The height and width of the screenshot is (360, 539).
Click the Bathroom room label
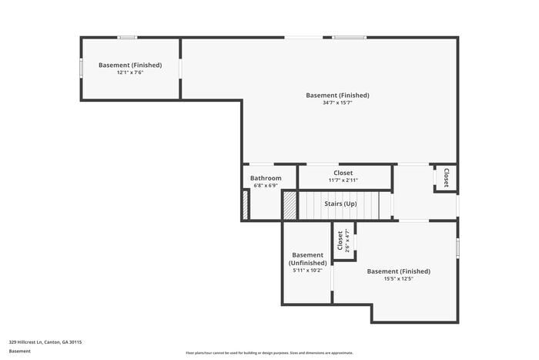266,178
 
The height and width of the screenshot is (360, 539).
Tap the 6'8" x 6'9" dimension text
266,186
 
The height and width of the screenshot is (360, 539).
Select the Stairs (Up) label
340,204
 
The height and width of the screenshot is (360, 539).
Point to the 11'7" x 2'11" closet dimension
343,180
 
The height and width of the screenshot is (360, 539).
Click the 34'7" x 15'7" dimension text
337,103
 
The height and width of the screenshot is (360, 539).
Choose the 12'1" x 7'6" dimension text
130,72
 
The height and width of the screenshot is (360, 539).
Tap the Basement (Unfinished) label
307,259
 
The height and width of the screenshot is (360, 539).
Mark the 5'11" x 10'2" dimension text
307,271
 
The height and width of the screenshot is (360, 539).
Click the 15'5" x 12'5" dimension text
398,279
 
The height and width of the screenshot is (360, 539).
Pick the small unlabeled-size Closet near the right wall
446,178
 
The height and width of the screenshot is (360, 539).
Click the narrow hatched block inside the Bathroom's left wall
246,205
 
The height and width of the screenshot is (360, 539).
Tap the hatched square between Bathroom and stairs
290,205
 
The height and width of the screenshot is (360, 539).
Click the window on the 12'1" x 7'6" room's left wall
82,68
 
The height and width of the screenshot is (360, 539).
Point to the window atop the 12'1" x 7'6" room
127,37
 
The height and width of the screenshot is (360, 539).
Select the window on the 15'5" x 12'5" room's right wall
457,248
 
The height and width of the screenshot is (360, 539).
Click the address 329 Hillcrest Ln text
45,341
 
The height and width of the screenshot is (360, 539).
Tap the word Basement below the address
20,351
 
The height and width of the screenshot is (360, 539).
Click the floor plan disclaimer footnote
269,352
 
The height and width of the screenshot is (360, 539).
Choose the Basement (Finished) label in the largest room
337,95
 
